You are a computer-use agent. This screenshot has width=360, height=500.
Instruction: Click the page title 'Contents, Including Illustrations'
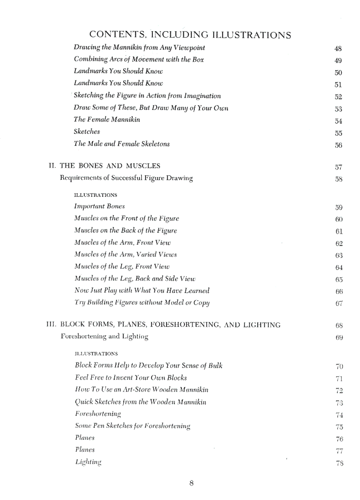coord(190,35)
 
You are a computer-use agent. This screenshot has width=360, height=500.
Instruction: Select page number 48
coord(338,49)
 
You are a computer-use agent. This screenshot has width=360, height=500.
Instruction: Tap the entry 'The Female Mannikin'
coord(107,120)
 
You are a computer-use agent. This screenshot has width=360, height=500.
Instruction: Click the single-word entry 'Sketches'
coord(87,131)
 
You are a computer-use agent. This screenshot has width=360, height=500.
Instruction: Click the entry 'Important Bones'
coord(99,206)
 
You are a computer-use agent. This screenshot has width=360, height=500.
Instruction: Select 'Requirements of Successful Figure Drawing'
coord(126,178)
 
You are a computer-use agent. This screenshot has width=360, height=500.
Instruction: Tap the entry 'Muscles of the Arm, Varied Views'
coord(125,254)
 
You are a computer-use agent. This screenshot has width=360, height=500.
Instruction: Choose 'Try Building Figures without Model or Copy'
coord(142,303)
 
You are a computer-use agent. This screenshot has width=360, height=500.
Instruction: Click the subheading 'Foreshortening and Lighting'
coord(104,337)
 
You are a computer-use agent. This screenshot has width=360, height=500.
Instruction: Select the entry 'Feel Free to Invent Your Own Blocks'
coord(131,377)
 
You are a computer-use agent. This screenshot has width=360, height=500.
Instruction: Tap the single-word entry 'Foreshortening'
coord(98,413)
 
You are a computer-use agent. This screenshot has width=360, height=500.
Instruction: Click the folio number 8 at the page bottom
coord(191,483)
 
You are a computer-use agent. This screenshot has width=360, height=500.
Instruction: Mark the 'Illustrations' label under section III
coord(96,354)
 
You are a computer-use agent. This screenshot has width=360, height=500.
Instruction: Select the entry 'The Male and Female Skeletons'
coord(122,144)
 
